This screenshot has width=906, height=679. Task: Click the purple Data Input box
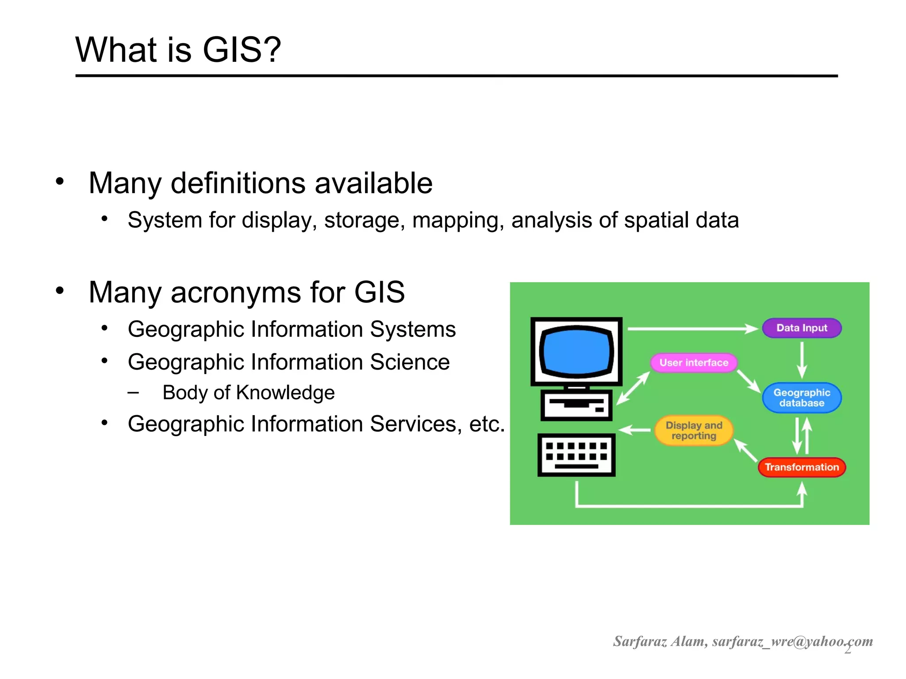click(x=802, y=328)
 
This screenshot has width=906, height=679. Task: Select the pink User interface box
click(x=694, y=362)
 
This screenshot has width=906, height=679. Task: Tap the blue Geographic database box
click(x=802, y=398)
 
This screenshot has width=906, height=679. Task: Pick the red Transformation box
click(x=802, y=467)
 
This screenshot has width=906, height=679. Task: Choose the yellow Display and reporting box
click(x=694, y=431)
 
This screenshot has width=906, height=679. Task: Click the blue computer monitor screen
click(x=576, y=351)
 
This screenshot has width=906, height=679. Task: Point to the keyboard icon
click(x=576, y=455)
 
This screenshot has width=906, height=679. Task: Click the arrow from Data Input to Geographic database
click(x=802, y=360)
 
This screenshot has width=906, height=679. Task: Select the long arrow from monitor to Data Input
click(x=692, y=329)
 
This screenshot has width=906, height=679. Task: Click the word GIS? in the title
click(x=242, y=50)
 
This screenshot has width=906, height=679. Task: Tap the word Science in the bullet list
click(x=410, y=362)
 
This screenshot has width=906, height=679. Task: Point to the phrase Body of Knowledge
click(x=248, y=393)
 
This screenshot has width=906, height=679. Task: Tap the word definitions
click(x=238, y=183)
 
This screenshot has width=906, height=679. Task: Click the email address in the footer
click(x=792, y=641)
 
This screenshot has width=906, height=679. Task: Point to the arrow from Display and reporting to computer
click(x=634, y=430)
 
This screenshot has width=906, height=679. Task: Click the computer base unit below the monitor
click(x=576, y=405)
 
